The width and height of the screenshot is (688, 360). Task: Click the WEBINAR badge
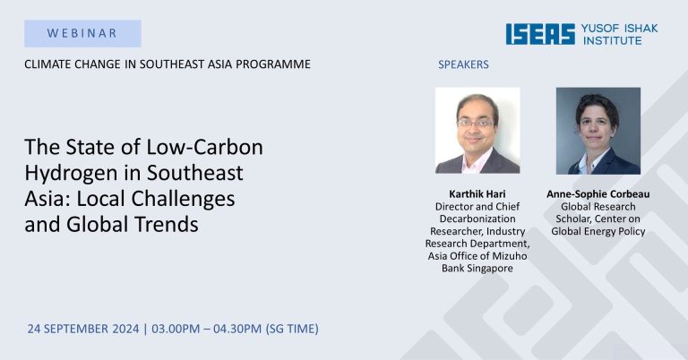pos(82,33)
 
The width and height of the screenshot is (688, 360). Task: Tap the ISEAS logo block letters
pos(540,34)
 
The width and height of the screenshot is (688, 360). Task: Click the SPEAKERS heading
pos(463,64)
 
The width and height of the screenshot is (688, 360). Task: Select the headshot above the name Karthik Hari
pos(477,130)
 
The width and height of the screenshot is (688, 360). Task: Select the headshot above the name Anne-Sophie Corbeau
pos(598,131)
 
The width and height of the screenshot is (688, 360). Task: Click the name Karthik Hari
pos(477,193)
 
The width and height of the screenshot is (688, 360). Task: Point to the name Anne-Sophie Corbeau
pos(598,193)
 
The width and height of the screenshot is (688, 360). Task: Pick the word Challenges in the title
pos(183,199)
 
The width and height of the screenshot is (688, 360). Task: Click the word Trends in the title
pos(167,224)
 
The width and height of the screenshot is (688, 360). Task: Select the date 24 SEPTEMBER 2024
pos(83,329)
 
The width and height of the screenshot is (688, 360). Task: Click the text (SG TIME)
pos(292,329)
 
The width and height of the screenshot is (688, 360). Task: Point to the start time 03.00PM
pos(176,329)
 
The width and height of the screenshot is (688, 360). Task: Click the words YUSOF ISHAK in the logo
pos(620,29)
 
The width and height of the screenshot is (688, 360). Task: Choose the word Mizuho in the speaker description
pos(512,255)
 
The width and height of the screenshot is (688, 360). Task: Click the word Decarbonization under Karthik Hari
pos(477,219)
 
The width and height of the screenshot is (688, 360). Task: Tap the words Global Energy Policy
pos(598,232)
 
